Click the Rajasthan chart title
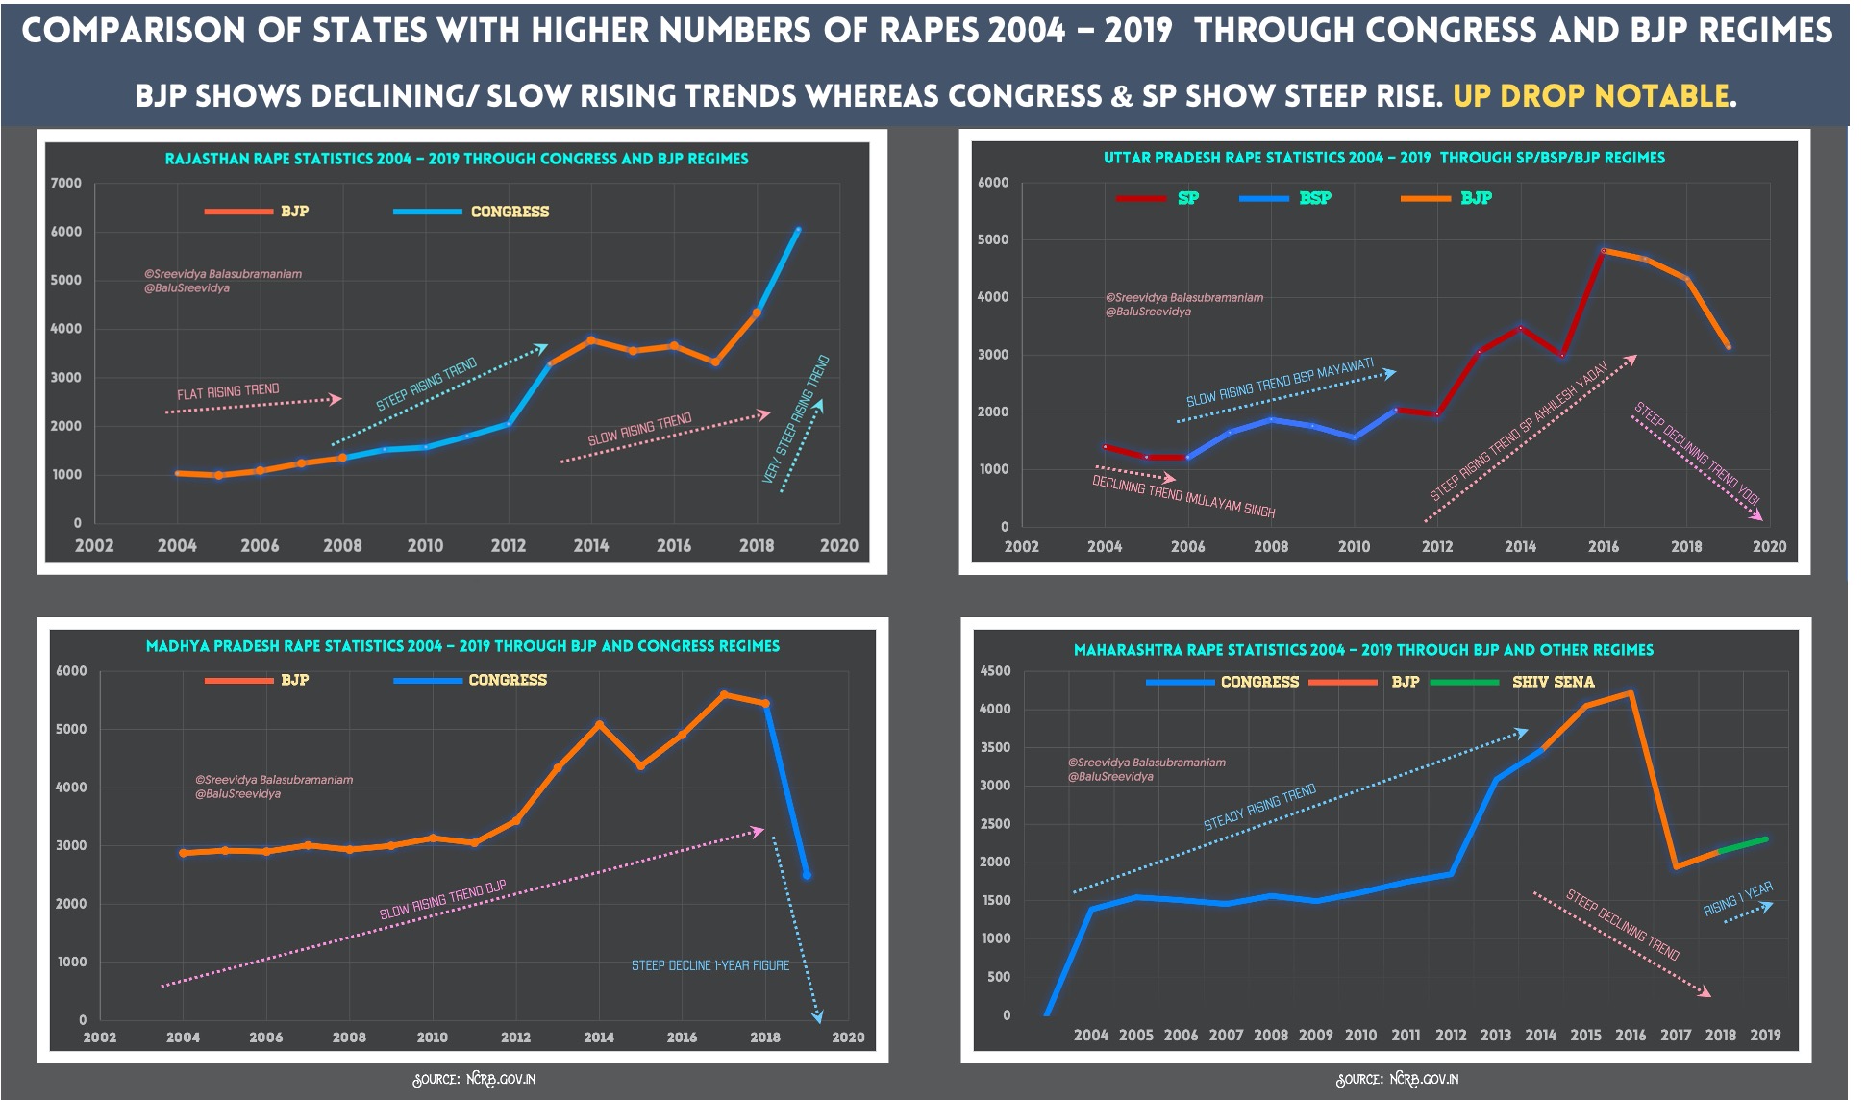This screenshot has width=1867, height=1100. click(456, 159)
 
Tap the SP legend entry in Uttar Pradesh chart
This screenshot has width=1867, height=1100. click(1187, 198)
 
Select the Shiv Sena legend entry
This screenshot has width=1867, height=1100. click(1552, 682)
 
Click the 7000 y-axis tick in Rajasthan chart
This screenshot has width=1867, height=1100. click(66, 183)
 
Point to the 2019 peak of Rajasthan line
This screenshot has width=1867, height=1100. click(798, 230)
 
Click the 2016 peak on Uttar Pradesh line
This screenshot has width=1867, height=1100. click(1604, 250)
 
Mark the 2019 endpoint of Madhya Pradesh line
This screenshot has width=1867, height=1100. click(807, 875)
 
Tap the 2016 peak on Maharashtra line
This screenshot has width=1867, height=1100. click(1631, 692)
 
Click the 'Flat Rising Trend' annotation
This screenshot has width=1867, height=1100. click(228, 391)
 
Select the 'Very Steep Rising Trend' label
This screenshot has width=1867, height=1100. click(796, 419)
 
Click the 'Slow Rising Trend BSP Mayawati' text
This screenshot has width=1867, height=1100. click(1280, 384)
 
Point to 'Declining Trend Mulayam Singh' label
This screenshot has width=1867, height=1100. click(1183, 496)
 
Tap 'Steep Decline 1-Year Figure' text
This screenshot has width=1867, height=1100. click(709, 965)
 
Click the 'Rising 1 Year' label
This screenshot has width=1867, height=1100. click(1737, 899)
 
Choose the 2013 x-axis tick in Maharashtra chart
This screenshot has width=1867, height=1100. click(1495, 1036)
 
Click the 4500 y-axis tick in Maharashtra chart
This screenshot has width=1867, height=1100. click(994, 671)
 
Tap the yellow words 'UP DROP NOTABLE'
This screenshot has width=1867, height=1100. click(1591, 96)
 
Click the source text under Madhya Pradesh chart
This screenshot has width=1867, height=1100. click(474, 1079)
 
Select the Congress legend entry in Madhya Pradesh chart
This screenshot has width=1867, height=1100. click(507, 680)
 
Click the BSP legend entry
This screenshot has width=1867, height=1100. click(1314, 198)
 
